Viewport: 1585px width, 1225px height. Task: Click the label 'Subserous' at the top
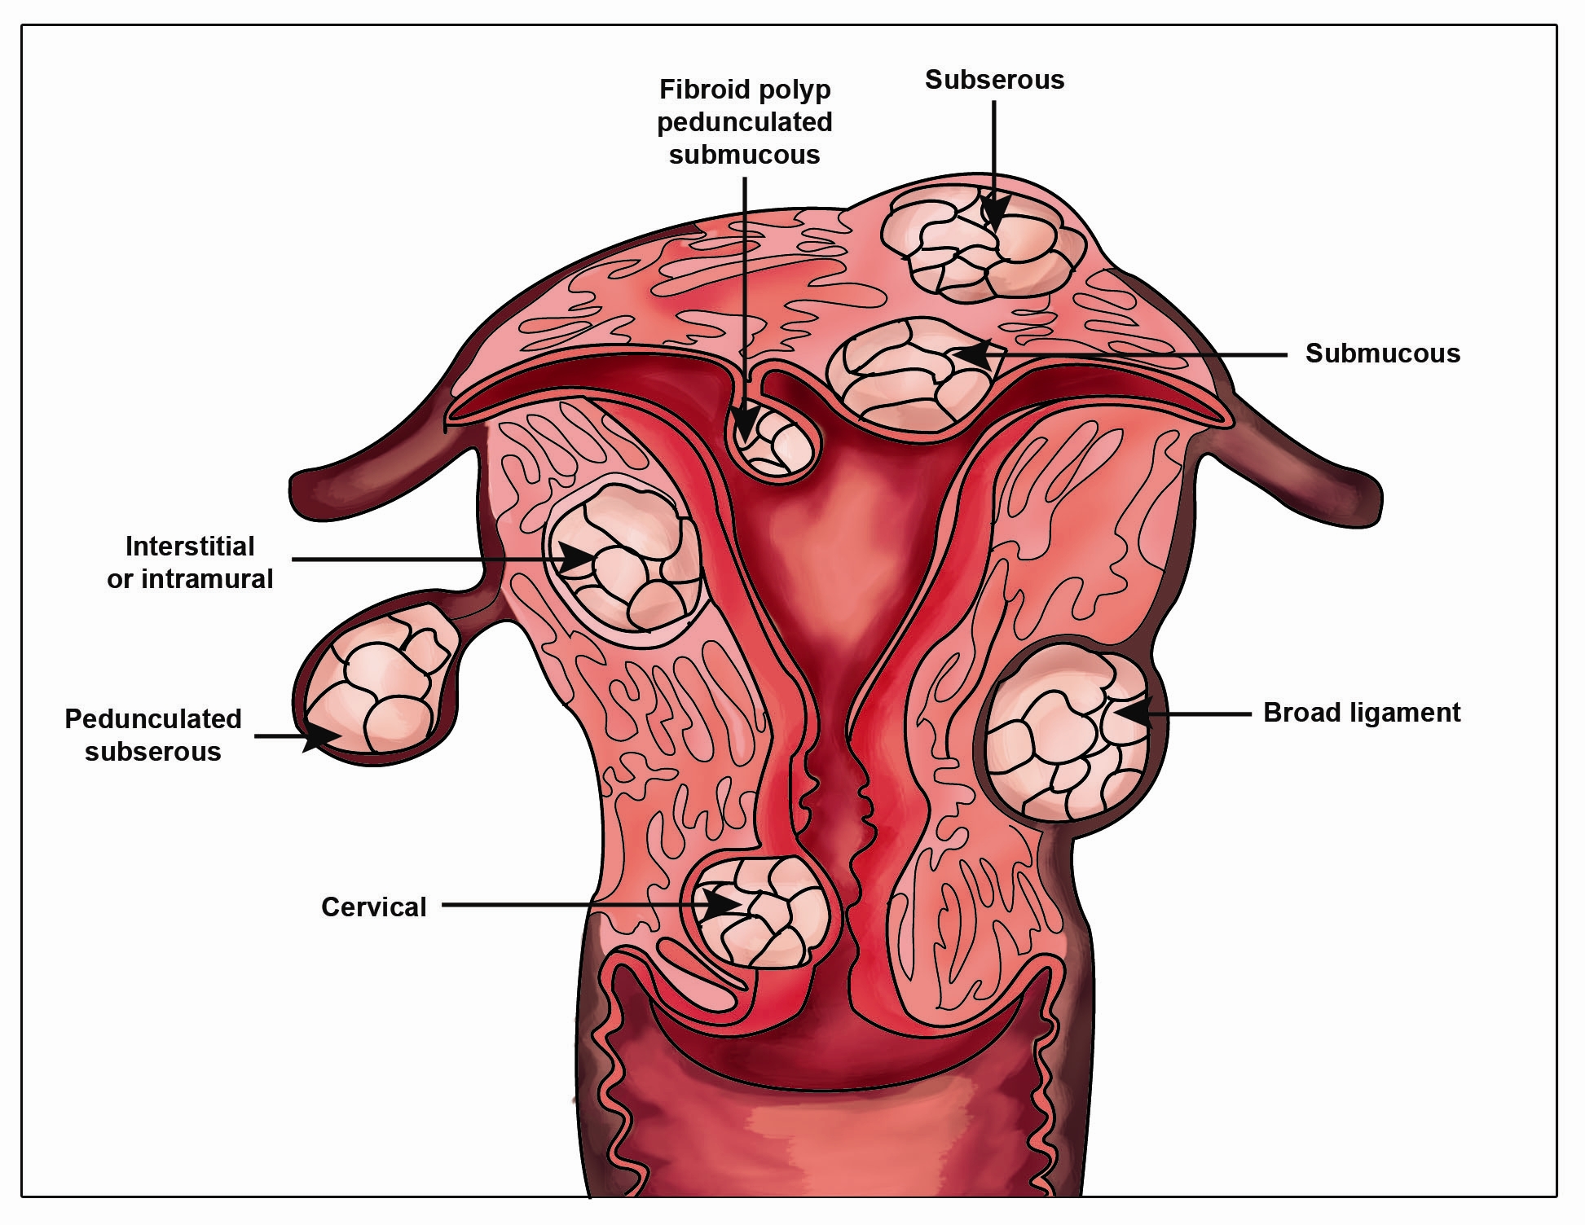(994, 80)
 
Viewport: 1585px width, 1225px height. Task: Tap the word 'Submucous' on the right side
(1383, 353)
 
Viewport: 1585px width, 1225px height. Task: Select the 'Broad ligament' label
(1362, 713)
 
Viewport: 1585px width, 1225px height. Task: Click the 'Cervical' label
(374, 907)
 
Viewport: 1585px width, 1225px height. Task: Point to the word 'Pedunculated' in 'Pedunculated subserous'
(153, 719)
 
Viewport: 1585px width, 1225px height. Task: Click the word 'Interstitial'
(190, 546)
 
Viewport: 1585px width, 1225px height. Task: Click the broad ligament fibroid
(1068, 731)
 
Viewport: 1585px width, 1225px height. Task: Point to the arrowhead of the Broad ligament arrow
(1133, 713)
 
